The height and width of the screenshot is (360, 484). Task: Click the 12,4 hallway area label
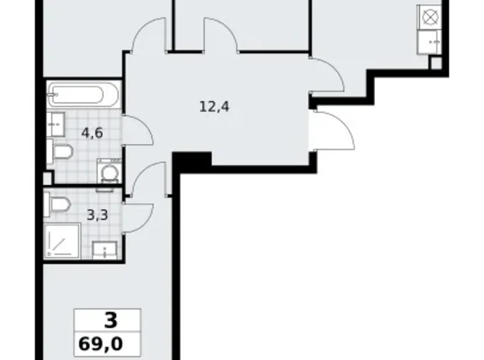click(214, 107)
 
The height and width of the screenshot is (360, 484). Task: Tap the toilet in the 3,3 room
click(60, 203)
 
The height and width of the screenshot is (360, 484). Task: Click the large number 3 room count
click(110, 322)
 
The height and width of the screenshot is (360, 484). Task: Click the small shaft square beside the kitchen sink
click(436, 63)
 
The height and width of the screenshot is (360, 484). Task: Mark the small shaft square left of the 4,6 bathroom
click(48, 178)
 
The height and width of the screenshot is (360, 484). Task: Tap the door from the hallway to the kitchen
click(326, 74)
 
